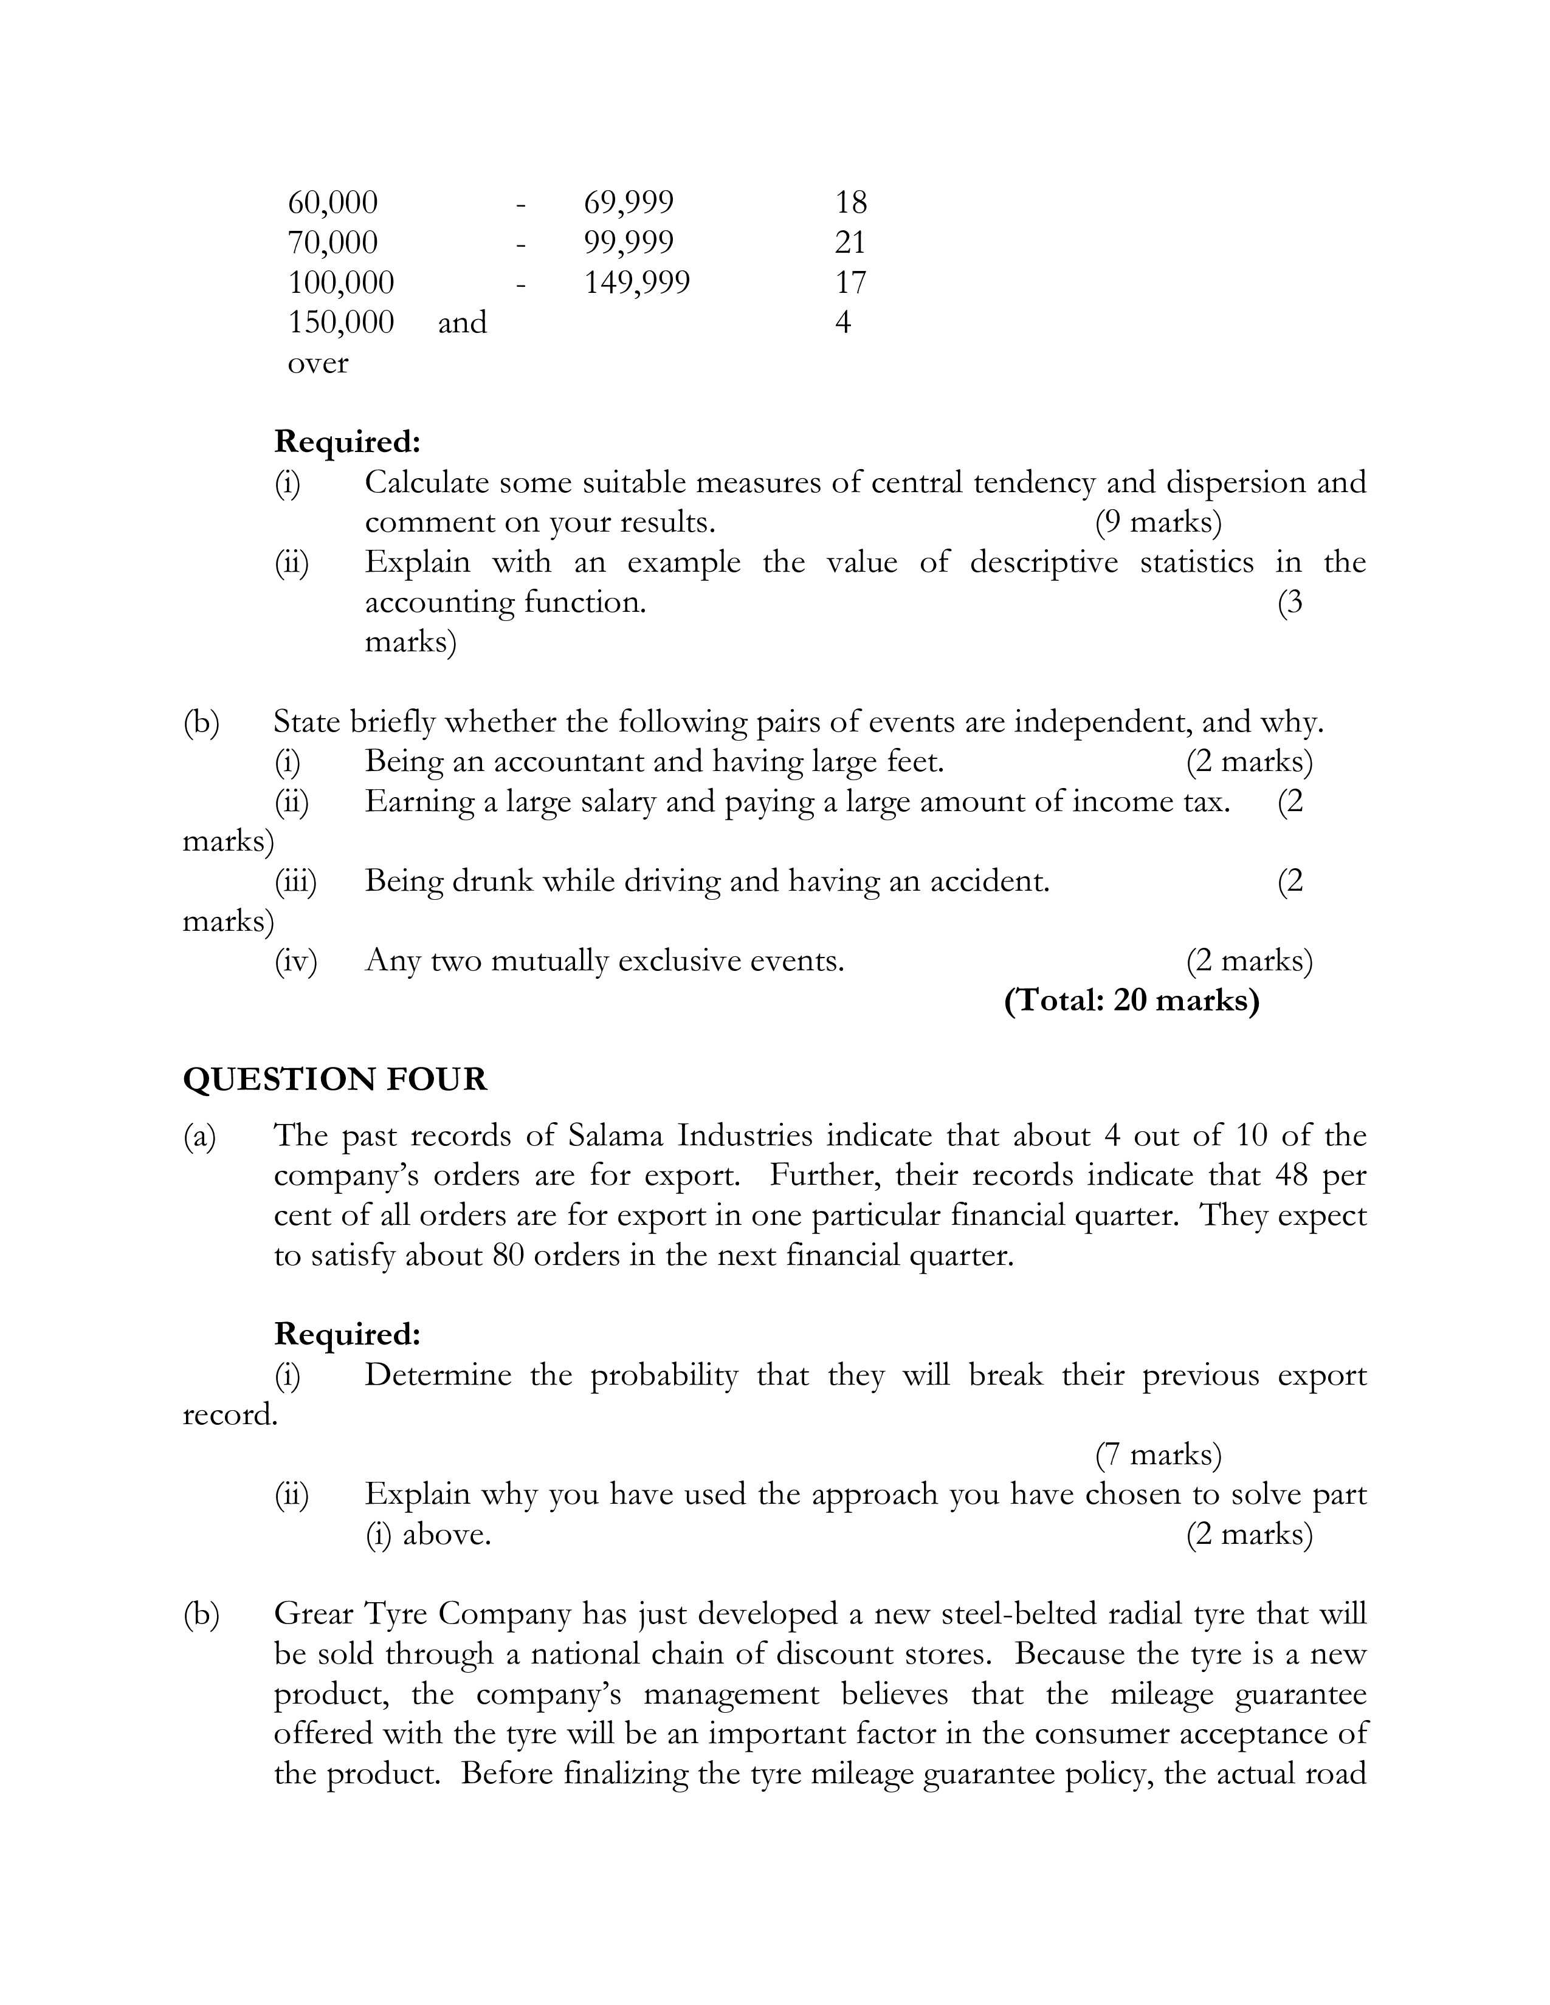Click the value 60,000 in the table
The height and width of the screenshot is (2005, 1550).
pyautogui.click(x=332, y=202)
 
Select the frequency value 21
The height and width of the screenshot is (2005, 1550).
pyautogui.click(x=850, y=242)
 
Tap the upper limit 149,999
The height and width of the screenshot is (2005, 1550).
pyautogui.click(x=636, y=283)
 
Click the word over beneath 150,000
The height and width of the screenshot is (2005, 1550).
pyautogui.click(x=318, y=363)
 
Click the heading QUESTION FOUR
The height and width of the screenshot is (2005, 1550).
pyautogui.click(x=335, y=1078)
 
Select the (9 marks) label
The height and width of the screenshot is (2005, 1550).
pyautogui.click(x=1158, y=523)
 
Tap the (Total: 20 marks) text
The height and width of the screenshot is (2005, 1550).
pyautogui.click(x=1131, y=999)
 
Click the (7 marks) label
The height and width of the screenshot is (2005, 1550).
pyautogui.click(x=1158, y=1454)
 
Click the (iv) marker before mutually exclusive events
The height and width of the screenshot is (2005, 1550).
pyautogui.click(x=295, y=960)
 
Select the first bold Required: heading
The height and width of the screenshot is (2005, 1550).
pyautogui.click(x=347, y=442)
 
